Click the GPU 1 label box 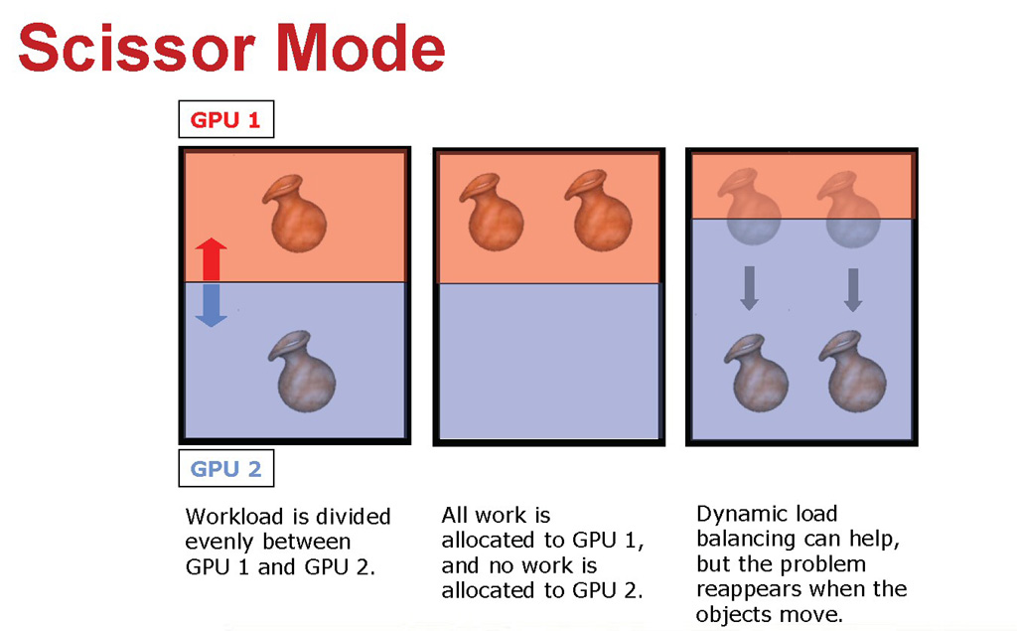(x=226, y=120)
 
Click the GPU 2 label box (x=226, y=468)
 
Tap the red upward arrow (x=211, y=259)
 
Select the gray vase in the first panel (x=304, y=370)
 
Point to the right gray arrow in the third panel (x=852, y=288)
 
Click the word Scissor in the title (x=135, y=48)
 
